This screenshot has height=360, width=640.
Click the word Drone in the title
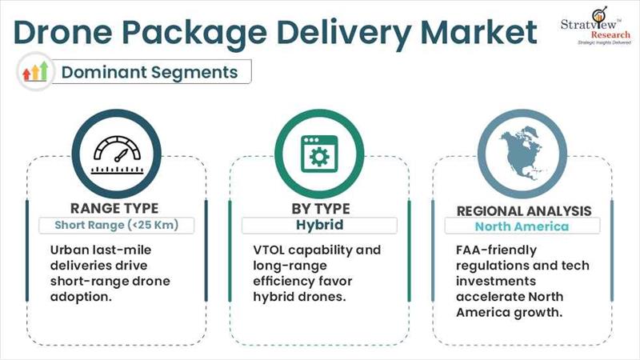coord(63,32)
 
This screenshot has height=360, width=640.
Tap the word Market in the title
coord(478,32)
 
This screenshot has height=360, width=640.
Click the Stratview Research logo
coord(596,26)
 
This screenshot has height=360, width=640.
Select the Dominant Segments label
coord(150,72)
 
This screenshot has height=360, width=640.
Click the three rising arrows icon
coord(35,71)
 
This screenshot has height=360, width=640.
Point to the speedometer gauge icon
coord(117,154)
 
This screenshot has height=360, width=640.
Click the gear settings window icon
coord(319,154)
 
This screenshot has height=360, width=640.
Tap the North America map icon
coord(522,154)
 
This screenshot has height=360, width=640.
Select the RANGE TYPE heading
coord(114,208)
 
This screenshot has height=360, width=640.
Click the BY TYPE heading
coord(321,209)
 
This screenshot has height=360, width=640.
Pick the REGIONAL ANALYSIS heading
coord(524,211)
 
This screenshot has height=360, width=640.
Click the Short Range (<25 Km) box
coord(117,226)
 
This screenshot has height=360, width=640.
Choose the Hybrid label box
coord(319,226)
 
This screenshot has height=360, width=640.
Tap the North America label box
coord(522,226)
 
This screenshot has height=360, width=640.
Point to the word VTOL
coord(269,250)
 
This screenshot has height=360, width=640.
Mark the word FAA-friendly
coord(496,250)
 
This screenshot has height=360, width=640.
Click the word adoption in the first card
coord(81,297)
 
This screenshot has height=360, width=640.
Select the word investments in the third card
coord(496,282)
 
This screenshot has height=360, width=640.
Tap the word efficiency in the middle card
coord(284,282)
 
